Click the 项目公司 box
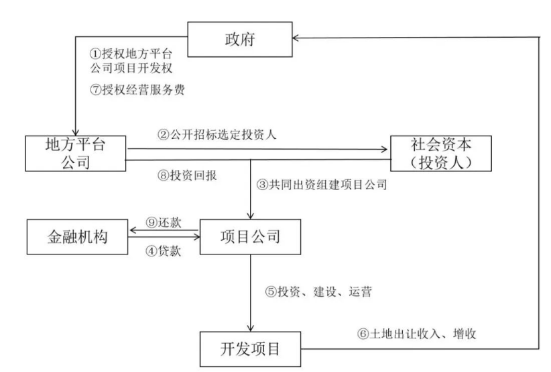click(250, 237)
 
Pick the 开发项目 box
click(250, 348)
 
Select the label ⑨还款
click(163, 222)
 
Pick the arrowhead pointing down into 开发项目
click(250, 328)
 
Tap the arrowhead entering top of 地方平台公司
click(75, 132)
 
